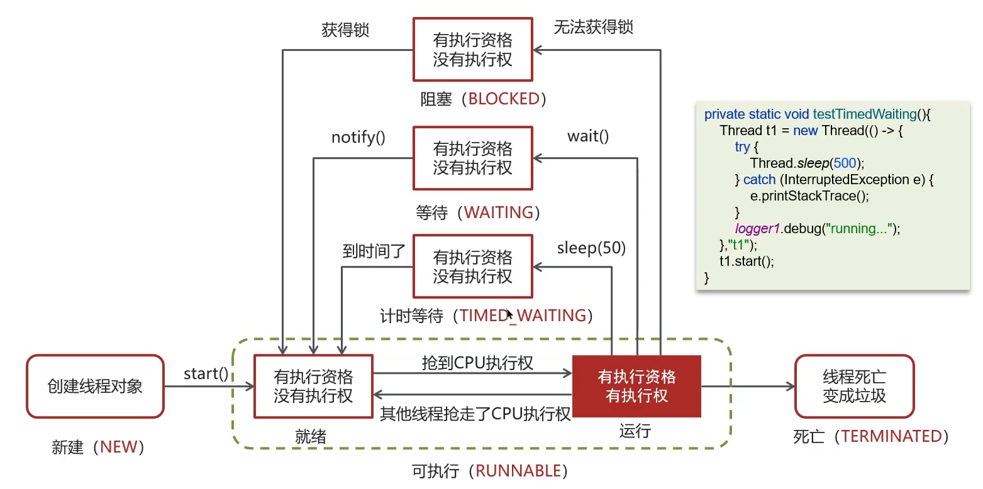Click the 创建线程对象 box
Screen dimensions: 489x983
click(x=95, y=386)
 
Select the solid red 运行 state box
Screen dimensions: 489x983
click(x=636, y=386)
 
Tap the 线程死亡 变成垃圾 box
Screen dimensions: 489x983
click(x=854, y=386)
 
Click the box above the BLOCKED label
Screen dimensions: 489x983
click(x=472, y=50)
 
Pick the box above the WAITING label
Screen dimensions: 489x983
click(x=472, y=158)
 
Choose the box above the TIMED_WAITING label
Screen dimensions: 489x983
click(x=472, y=266)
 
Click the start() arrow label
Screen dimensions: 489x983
click(x=206, y=373)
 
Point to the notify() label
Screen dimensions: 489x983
click(x=358, y=137)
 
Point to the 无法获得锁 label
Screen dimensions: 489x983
click(x=593, y=26)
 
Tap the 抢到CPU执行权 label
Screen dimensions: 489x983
click(x=477, y=363)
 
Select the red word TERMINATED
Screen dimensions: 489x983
click(x=891, y=436)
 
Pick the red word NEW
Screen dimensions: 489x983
click(x=118, y=447)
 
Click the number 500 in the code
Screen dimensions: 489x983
click(x=845, y=163)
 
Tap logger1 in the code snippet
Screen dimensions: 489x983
click(x=757, y=228)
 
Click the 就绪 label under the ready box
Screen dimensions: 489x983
click(x=311, y=436)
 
